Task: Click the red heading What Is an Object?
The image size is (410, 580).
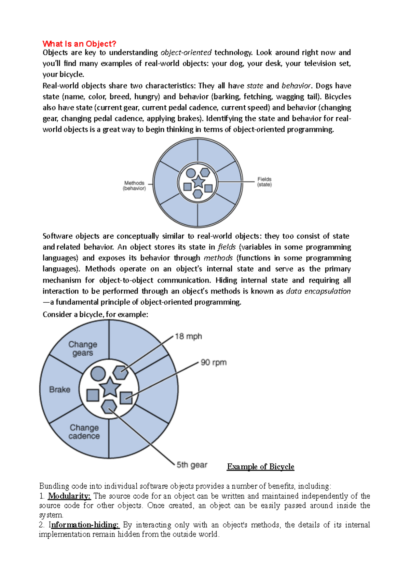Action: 79,44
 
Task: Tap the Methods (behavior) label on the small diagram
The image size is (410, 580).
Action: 134,186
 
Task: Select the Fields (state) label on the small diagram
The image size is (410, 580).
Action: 264,182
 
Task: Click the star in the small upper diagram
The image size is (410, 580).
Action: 198,182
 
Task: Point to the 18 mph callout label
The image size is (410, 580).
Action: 188,337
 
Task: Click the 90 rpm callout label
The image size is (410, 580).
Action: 214,362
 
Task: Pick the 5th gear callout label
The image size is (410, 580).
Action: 192,465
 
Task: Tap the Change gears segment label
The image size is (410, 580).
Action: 83,348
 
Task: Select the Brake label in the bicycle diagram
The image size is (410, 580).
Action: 60,390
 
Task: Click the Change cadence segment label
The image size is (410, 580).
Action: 84,432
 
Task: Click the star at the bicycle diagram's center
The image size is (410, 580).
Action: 110,387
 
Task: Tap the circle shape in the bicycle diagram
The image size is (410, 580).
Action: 98,373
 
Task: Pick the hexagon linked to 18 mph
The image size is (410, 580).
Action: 121,373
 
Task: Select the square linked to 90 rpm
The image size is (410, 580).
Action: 126,398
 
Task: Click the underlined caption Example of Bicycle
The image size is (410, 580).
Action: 260,467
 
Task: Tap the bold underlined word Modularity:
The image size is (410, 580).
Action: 69,496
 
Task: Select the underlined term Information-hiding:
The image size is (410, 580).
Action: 84,525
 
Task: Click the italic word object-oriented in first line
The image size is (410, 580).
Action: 186,53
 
